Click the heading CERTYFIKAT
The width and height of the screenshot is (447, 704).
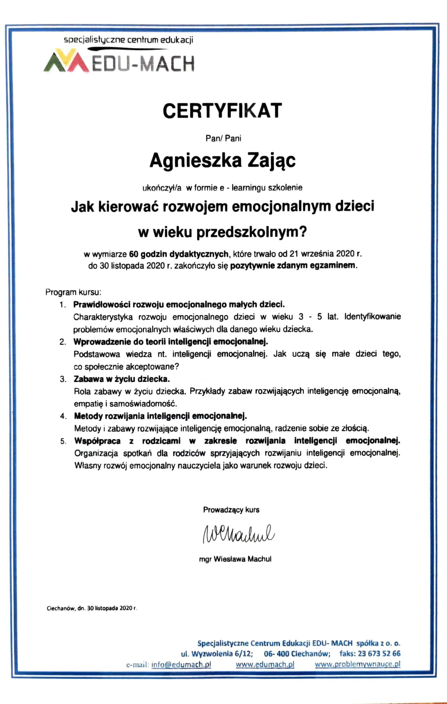tap(222, 111)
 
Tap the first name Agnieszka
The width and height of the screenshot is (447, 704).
tap(195, 161)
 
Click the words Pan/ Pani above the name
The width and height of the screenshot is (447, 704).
tap(223, 139)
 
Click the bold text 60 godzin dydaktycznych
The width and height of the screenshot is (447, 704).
tap(179, 254)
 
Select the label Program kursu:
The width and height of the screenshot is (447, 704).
tap(73, 292)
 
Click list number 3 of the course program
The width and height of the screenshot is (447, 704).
tap(63, 379)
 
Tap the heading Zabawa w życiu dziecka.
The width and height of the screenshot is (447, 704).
tap(122, 379)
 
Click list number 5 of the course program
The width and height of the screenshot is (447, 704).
tap(63, 441)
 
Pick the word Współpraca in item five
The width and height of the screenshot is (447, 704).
tap(98, 441)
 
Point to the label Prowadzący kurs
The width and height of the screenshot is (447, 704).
tap(231, 510)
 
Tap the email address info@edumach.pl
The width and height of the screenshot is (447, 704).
tap(181, 664)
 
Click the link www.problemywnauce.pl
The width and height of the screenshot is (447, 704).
tap(357, 664)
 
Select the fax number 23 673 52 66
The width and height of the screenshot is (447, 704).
tap(379, 653)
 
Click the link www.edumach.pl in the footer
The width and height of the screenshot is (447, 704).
tap(265, 664)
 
